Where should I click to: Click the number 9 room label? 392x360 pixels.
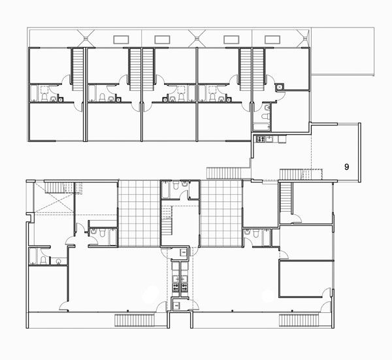click(x=346, y=167)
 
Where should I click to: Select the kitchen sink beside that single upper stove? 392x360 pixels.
click(x=269, y=139)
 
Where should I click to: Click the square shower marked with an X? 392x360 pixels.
click(x=279, y=88)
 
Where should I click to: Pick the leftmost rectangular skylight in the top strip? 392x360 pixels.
click(x=121, y=40)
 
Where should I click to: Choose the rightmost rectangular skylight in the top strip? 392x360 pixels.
click(x=272, y=40)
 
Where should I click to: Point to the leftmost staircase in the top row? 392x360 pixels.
click(x=77, y=69)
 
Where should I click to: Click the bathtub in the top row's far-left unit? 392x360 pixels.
click(x=34, y=93)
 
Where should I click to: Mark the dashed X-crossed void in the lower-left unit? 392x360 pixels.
click(x=54, y=197)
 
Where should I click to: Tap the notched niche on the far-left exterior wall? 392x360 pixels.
click(x=31, y=218)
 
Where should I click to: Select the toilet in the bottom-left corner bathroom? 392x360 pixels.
click(x=43, y=260)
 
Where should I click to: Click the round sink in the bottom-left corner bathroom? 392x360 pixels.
click(x=59, y=261)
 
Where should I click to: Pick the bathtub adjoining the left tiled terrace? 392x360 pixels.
click(x=113, y=237)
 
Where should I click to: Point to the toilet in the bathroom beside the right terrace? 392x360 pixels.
click(x=255, y=233)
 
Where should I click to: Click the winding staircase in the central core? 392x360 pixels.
click(x=167, y=220)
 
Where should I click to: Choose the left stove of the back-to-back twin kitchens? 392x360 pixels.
click(x=175, y=287)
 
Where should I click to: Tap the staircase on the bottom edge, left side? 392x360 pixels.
click(x=135, y=321)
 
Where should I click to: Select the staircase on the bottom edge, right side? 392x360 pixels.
click(x=299, y=321)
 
